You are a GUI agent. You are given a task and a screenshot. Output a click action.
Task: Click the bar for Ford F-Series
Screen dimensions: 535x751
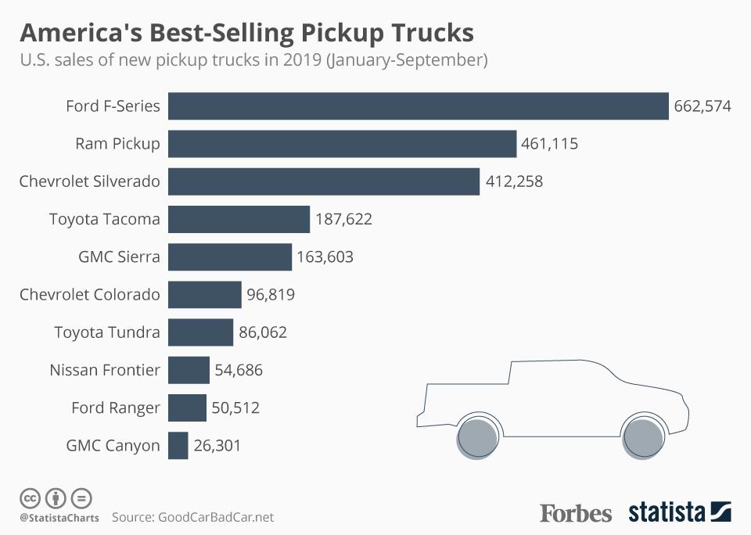click(x=419, y=106)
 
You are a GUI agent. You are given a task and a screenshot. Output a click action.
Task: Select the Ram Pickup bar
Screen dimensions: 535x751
click(x=343, y=144)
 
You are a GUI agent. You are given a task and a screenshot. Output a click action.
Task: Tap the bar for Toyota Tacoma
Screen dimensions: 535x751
click(x=239, y=219)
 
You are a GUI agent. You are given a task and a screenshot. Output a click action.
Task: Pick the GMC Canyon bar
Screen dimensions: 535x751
click(x=178, y=446)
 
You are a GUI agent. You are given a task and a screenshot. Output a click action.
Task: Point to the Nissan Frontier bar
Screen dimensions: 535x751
click(x=189, y=370)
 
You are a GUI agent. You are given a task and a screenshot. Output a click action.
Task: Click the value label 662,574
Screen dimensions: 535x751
click(x=702, y=106)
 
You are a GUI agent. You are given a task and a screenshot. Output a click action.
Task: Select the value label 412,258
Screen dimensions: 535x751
click(x=513, y=181)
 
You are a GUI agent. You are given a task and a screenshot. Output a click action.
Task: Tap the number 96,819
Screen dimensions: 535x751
click(x=271, y=295)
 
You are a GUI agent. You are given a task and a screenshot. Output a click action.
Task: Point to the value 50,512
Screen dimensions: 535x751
click(x=235, y=408)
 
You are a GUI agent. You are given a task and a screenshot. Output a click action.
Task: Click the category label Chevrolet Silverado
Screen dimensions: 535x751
click(x=90, y=181)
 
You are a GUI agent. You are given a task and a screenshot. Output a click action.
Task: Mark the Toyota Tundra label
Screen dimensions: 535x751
click(x=107, y=332)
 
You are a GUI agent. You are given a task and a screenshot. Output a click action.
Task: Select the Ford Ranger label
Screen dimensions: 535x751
click(x=116, y=408)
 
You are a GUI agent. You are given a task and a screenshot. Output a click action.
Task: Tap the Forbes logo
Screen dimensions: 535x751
click(x=576, y=513)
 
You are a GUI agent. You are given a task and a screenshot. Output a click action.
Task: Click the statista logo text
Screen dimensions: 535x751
click(x=667, y=513)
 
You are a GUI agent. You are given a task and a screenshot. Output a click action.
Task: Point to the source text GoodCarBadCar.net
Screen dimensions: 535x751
click(x=216, y=517)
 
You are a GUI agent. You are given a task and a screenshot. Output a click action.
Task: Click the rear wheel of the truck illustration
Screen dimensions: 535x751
click(x=479, y=437)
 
